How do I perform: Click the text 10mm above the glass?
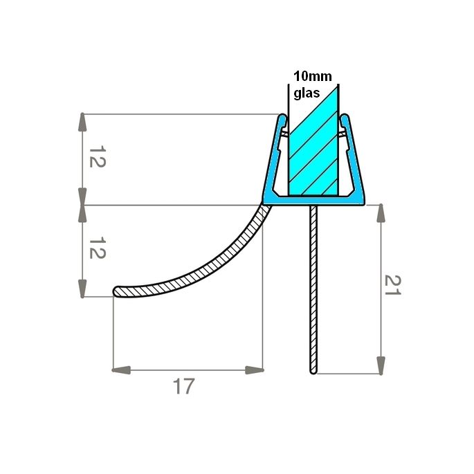pos(313,76)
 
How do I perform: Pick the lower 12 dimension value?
pos(96,249)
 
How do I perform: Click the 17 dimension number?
pos(183,386)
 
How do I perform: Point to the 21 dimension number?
pos(392,285)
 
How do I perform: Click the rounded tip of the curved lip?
pos(117,291)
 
